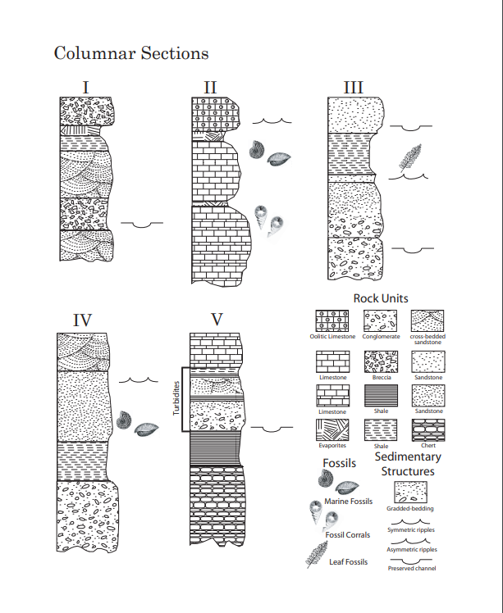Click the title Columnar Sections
(131, 53)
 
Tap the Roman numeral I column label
(86, 86)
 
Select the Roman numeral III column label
(354, 87)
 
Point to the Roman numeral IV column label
(82, 320)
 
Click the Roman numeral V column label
(217, 320)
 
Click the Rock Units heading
(381, 298)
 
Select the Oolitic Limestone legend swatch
(332, 320)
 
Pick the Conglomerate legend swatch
(379, 320)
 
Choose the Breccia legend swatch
(379, 360)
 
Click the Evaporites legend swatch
(332, 429)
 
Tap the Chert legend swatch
(428, 429)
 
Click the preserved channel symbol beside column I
(141, 223)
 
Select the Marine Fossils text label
(348, 501)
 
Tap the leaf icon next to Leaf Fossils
(316, 555)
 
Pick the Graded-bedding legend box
(410, 492)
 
